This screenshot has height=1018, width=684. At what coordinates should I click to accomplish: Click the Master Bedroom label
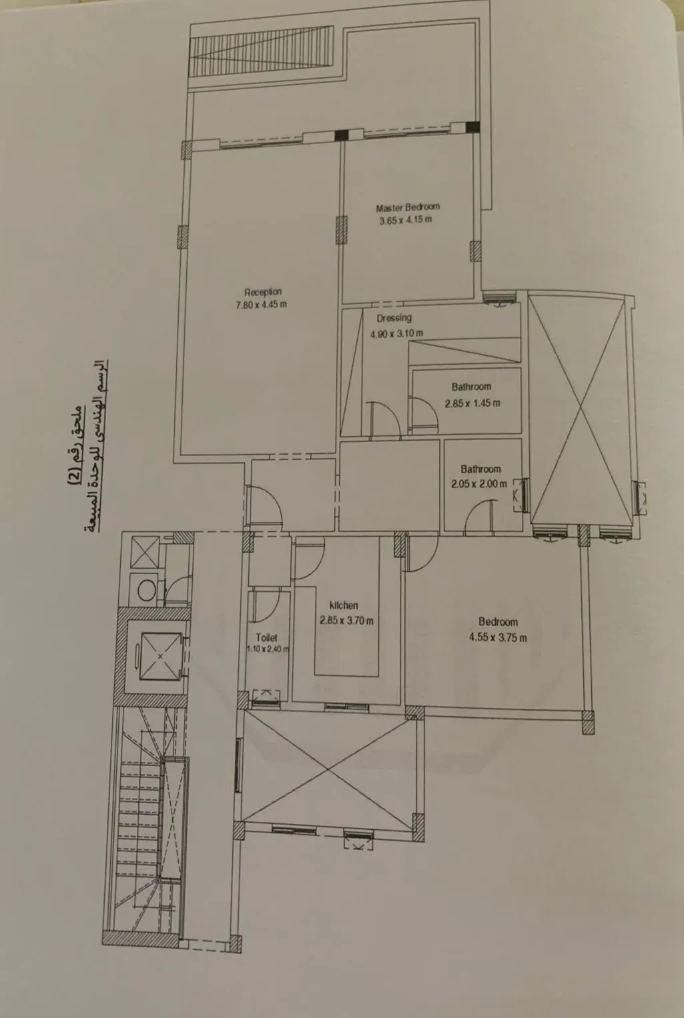click(x=407, y=207)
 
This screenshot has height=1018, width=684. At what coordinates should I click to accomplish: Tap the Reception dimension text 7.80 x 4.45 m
click(x=261, y=305)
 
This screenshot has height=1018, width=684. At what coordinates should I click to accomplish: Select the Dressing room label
click(x=394, y=318)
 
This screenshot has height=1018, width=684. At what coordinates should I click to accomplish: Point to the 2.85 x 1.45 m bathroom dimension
click(x=472, y=403)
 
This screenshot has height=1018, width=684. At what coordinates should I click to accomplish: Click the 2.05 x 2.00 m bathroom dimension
click(x=478, y=484)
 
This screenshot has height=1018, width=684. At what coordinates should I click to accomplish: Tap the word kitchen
click(x=344, y=605)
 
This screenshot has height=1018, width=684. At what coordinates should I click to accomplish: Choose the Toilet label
click(x=266, y=637)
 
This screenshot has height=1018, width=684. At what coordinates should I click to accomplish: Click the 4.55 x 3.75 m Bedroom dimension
click(x=498, y=637)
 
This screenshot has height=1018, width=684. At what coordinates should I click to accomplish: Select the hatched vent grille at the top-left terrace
click(x=262, y=53)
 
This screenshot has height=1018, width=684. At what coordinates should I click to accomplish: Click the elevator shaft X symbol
click(x=160, y=656)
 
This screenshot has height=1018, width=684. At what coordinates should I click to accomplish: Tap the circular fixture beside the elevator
click(x=145, y=589)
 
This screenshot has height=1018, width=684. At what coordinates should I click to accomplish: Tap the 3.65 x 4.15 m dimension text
click(x=405, y=221)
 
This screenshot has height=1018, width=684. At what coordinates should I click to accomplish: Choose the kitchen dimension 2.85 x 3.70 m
click(x=346, y=620)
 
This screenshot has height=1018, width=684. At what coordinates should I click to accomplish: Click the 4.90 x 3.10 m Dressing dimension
click(x=396, y=333)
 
